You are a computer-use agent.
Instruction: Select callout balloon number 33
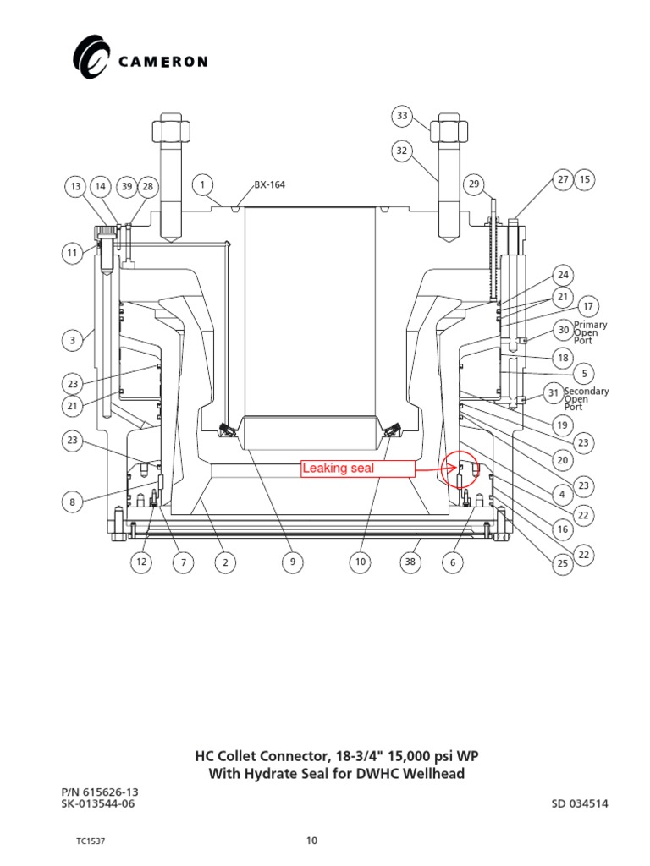point(403,116)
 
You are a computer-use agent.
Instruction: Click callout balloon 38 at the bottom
point(411,562)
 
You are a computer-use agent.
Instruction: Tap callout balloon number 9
point(292,562)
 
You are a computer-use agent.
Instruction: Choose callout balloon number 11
point(72,252)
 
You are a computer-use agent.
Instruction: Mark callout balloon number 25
point(563,562)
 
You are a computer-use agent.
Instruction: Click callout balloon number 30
point(563,330)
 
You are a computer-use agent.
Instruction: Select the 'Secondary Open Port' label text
point(586,399)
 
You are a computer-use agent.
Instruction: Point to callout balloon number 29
point(474,184)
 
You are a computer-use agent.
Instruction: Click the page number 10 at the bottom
point(311,841)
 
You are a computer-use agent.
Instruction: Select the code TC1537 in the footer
point(90,841)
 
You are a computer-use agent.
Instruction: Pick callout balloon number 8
point(72,502)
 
